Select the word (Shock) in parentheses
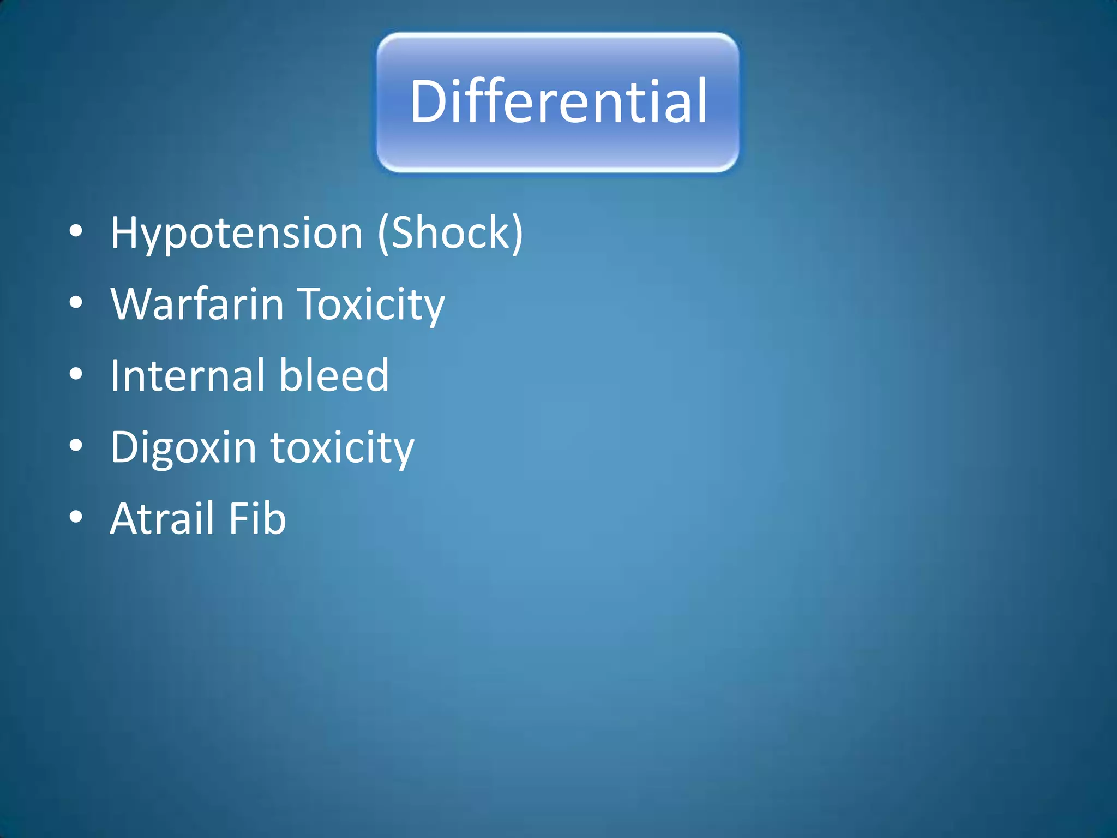[451, 234]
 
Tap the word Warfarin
[197, 304]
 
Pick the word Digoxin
[183, 448]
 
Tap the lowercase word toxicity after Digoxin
[343, 448]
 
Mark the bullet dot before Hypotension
[76, 231]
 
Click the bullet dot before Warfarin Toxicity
[76, 303]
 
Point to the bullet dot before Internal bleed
[76, 374]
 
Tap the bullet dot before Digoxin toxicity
[76, 446]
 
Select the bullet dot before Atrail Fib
[76, 517]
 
